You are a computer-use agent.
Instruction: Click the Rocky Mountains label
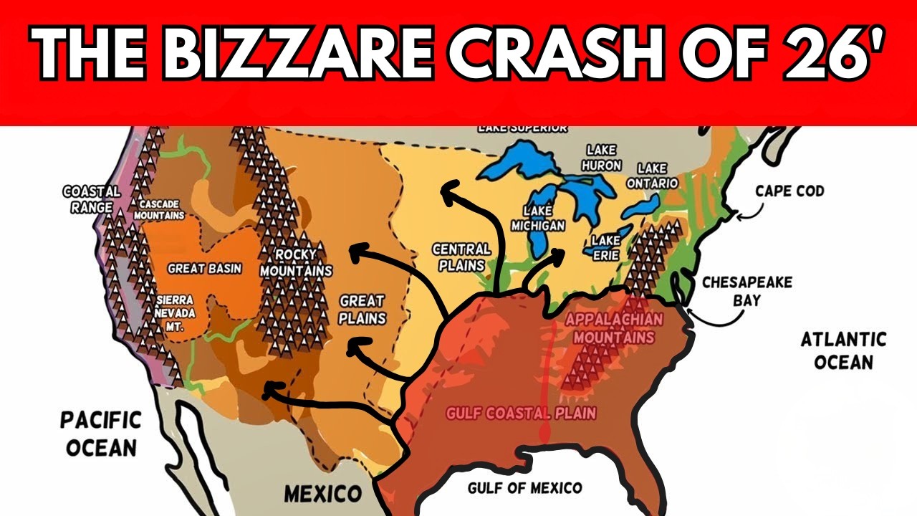click(x=295, y=263)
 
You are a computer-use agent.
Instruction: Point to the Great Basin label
click(x=204, y=269)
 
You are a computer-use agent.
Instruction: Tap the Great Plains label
click(x=362, y=310)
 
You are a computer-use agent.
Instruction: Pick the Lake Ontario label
click(x=652, y=175)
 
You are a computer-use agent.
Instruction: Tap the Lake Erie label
click(x=605, y=245)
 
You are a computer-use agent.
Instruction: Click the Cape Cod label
click(x=789, y=191)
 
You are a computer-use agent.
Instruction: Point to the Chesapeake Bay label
click(x=746, y=290)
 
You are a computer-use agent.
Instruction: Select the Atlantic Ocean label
click(x=843, y=350)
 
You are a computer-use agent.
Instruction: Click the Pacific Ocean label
click(x=100, y=434)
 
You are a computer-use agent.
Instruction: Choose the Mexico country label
click(x=322, y=494)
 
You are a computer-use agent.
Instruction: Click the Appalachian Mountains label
click(x=614, y=328)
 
